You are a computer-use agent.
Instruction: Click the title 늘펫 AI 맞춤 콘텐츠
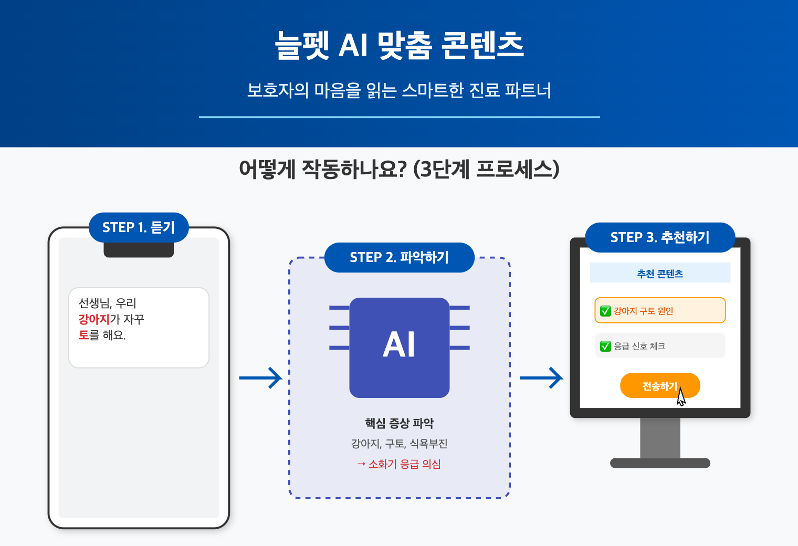(x=399, y=45)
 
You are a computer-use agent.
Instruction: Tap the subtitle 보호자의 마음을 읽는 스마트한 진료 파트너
(x=399, y=90)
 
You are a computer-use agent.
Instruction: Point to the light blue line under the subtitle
(x=399, y=117)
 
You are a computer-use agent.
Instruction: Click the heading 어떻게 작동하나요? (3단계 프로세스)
(x=399, y=170)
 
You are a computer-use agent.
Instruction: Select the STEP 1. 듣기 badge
(x=139, y=227)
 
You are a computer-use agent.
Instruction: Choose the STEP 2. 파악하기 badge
(x=399, y=257)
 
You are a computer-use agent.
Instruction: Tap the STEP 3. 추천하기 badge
(x=660, y=237)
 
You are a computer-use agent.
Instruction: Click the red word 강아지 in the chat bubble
(x=94, y=319)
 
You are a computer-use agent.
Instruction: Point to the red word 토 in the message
(x=83, y=335)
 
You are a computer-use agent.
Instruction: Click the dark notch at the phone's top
(x=139, y=250)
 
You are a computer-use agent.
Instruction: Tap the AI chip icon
(x=399, y=347)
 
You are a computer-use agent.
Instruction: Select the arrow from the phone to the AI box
(x=260, y=377)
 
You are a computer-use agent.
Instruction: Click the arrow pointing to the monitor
(x=541, y=377)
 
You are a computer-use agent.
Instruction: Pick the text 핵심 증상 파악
(x=399, y=423)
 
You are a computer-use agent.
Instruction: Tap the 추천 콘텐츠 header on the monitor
(x=660, y=274)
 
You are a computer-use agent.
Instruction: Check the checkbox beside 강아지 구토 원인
(x=605, y=311)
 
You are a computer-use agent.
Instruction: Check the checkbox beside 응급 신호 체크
(x=605, y=346)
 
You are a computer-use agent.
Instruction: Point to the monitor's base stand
(x=660, y=463)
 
